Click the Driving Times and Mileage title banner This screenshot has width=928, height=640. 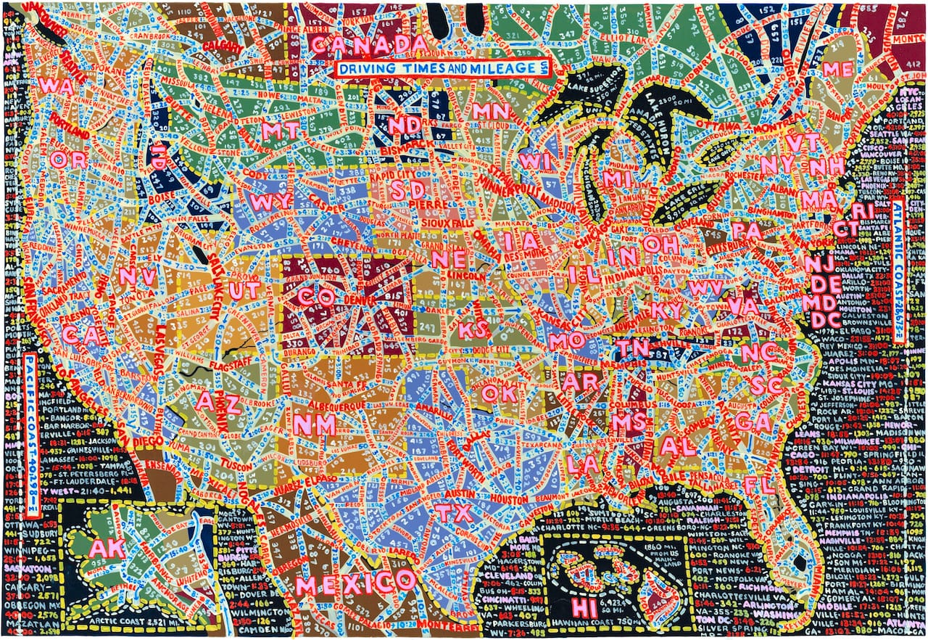[442, 68]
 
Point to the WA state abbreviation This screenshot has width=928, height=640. [53, 85]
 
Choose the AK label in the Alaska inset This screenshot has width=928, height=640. [107, 549]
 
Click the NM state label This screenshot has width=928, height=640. [317, 424]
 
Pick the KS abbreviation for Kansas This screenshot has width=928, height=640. [473, 330]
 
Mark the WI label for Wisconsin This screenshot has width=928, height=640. [536, 162]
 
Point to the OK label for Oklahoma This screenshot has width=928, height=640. [499, 392]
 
